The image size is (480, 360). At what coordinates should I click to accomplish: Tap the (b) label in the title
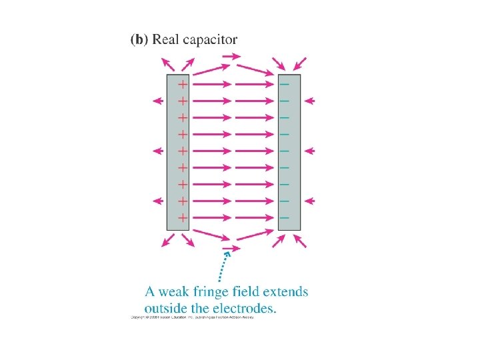pyautogui.click(x=139, y=39)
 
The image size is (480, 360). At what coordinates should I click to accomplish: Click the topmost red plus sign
pyautogui.click(x=182, y=85)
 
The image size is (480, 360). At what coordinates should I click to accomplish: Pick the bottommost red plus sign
pyautogui.click(x=182, y=217)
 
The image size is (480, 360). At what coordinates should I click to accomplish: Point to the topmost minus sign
pyautogui.click(x=285, y=85)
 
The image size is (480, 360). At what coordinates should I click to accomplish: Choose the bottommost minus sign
pyautogui.click(x=285, y=217)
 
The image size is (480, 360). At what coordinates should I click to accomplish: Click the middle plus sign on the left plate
pyautogui.click(x=182, y=151)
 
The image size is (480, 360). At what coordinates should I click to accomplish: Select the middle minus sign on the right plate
pyautogui.click(x=285, y=151)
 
